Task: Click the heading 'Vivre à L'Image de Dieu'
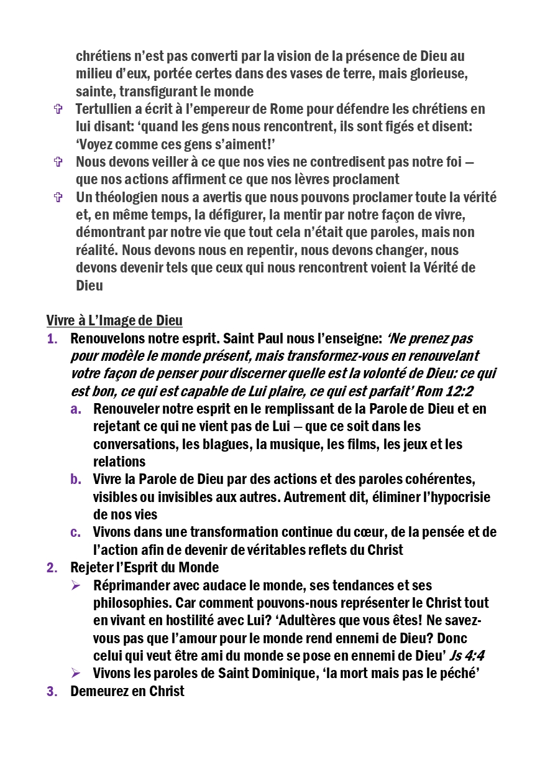point(114,321)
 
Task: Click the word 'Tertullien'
point(103,109)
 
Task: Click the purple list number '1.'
point(52,339)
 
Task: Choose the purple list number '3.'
point(52,691)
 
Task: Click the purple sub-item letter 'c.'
point(75,532)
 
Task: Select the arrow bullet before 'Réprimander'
point(76,585)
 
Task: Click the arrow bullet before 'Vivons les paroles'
point(76,673)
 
